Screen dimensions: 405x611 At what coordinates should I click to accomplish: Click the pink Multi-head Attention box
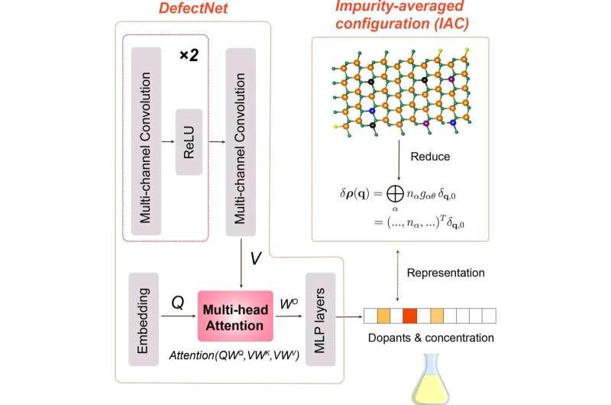pyautogui.click(x=235, y=316)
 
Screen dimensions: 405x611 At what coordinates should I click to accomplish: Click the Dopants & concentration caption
pyautogui.click(x=432, y=337)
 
